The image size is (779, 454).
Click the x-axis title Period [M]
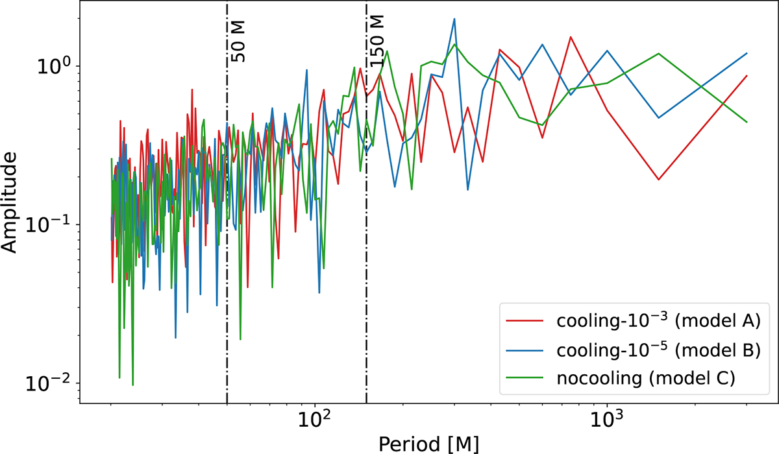pos(429,442)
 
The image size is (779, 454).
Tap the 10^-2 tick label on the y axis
pos(55,383)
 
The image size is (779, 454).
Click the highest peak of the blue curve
pos(454,19)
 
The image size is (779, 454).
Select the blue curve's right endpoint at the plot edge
pos(747,53)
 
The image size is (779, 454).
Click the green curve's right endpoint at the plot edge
pos(747,122)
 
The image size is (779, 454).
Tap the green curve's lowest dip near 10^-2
pos(132,385)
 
